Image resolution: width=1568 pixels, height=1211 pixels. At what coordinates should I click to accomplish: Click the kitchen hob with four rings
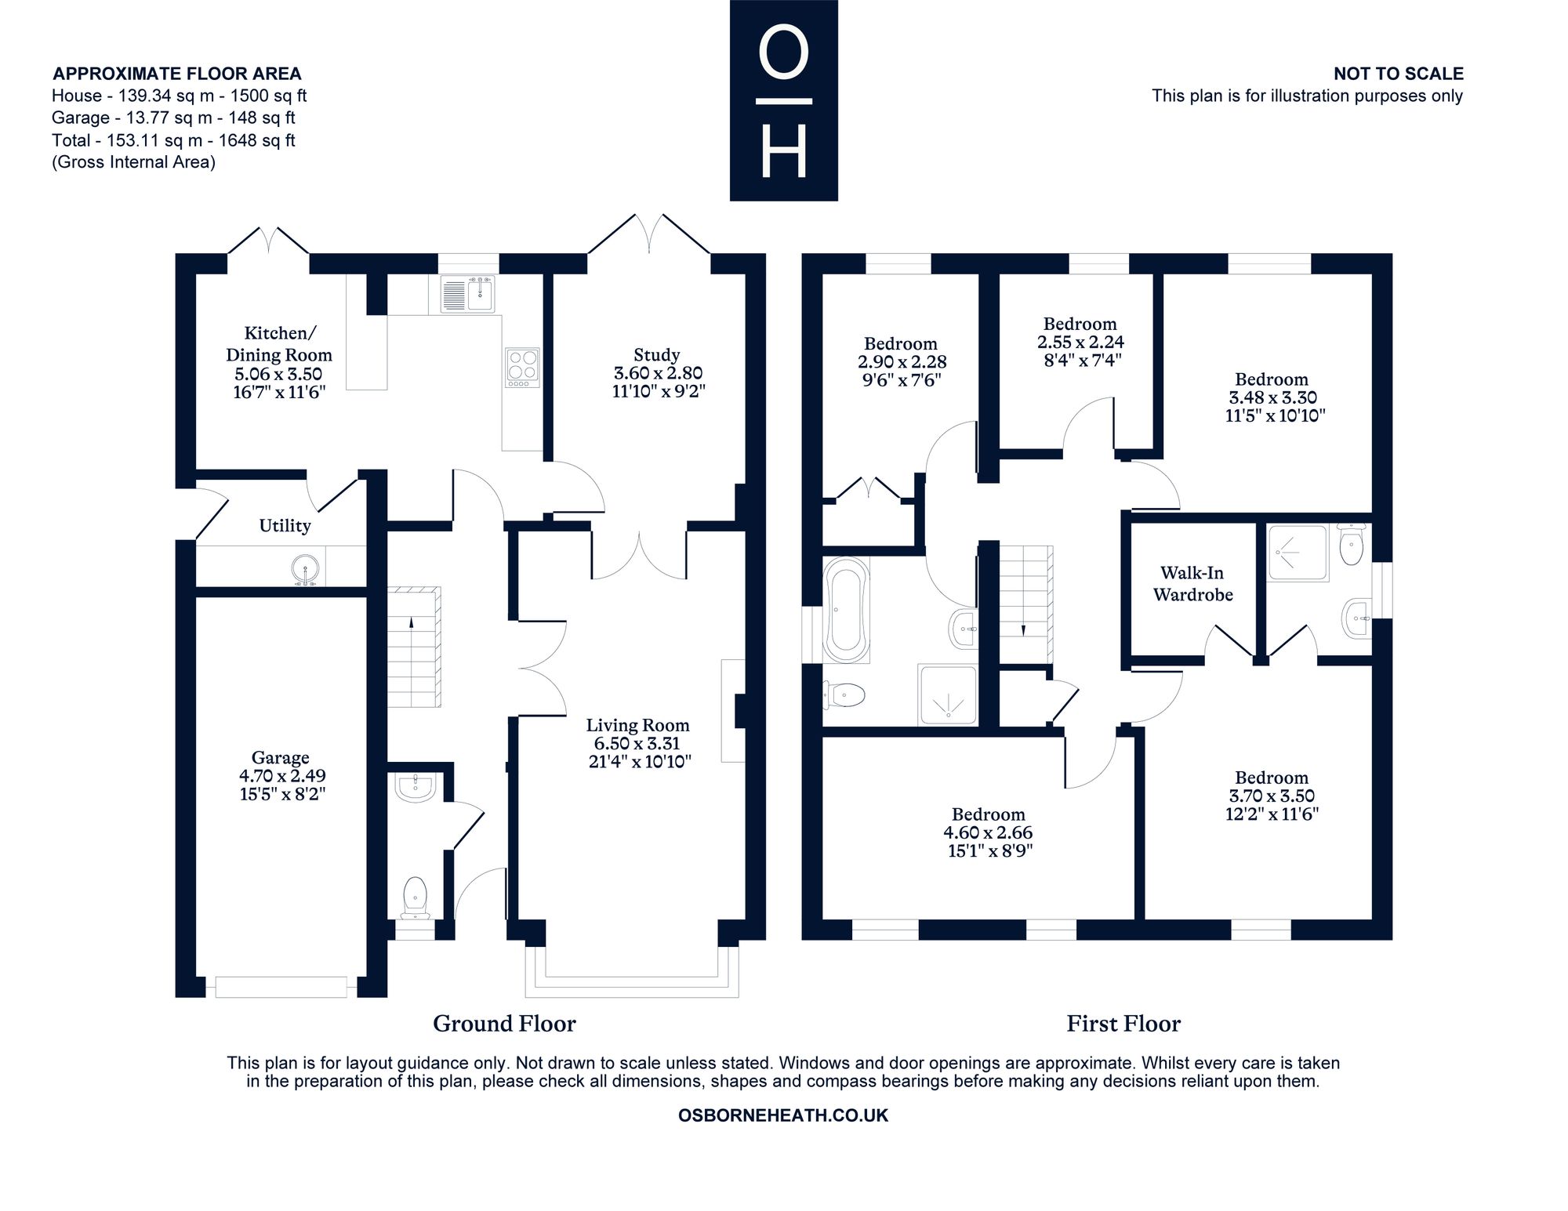pos(523,367)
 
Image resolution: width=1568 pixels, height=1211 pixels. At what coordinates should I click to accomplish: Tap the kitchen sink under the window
pos(467,293)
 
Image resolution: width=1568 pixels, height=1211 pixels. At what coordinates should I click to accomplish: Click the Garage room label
pos(280,757)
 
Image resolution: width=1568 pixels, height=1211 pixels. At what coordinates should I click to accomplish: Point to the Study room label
pos(657,354)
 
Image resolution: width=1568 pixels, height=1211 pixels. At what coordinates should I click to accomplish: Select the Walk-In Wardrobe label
pos(1192,584)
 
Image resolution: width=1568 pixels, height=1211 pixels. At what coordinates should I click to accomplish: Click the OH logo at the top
pos(784,100)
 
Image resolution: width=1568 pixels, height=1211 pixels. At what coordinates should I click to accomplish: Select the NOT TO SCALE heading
pos(1399,74)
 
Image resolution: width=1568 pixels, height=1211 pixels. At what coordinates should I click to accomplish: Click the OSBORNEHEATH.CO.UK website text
pos(783,1115)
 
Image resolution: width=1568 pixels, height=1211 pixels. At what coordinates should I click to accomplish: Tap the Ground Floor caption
pos(504,1024)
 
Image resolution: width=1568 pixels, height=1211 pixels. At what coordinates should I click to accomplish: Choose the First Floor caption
pos(1123,1024)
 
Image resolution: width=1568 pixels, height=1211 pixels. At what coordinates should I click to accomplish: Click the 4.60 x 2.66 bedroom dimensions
pos(989,832)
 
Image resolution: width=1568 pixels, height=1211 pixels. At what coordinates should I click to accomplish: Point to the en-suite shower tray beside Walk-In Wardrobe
pos(1298,553)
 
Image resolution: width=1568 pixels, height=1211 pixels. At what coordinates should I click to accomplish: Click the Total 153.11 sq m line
pos(173,140)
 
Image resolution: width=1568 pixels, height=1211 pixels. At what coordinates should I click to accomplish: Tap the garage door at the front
pos(281,987)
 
